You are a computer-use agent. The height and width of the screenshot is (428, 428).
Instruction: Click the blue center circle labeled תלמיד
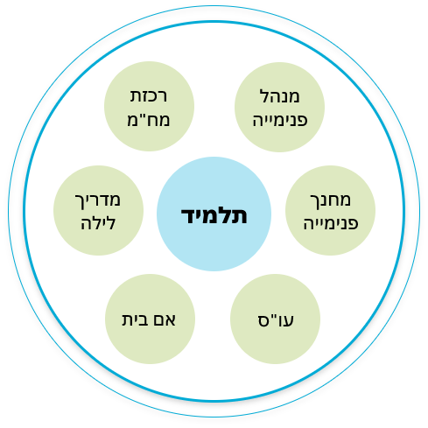214,214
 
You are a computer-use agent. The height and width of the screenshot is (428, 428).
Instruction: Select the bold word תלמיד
214,215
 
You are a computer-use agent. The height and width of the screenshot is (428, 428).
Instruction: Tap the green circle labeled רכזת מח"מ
149,106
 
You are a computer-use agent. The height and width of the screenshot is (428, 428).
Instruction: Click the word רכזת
149,96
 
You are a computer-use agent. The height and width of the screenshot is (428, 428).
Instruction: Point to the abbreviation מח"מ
149,120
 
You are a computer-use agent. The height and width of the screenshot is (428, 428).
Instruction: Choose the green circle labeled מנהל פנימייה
279,107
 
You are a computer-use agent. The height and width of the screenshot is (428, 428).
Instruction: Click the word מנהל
279,95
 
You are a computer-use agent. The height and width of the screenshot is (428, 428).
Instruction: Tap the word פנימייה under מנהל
280,120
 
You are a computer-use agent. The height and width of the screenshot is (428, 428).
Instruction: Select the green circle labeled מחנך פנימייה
330,210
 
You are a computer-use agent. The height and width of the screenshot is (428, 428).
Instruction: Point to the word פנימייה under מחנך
331,224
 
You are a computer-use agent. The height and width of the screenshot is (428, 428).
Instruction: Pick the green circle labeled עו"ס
275,319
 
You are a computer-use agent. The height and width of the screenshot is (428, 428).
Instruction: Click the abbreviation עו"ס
276,320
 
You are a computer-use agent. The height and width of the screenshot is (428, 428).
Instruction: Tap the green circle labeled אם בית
150,319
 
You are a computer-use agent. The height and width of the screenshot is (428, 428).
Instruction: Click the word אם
165,320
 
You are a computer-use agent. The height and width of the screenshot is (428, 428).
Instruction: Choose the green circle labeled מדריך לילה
98,210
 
